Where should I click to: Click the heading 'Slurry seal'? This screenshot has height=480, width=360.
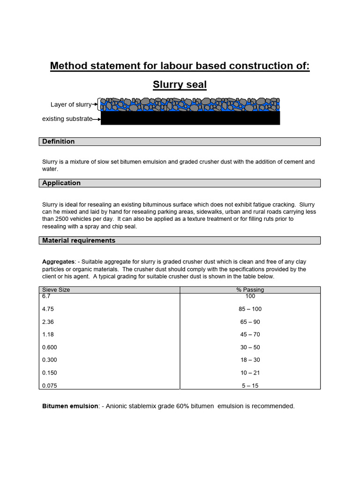point(180,85)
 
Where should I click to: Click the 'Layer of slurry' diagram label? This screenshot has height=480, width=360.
point(71,105)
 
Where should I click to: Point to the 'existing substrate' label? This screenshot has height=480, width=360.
point(67,119)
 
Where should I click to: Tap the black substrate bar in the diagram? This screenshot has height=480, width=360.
point(190,118)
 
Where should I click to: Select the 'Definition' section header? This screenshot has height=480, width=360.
point(59,142)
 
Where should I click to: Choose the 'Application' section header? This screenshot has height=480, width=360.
point(61,183)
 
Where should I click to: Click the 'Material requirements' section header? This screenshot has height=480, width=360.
point(79,240)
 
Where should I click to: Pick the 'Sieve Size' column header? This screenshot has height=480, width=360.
point(56,290)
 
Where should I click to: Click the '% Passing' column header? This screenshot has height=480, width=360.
point(250,290)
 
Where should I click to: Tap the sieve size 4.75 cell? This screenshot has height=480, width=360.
point(49,309)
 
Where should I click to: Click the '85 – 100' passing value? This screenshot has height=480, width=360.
point(250,309)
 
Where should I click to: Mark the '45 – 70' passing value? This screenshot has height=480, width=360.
point(250,335)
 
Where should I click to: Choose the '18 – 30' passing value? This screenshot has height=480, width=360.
point(250,360)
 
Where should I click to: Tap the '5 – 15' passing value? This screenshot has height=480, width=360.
point(250,386)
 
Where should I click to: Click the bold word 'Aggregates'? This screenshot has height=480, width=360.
point(58,262)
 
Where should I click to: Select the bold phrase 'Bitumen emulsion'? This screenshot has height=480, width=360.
point(70,406)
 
